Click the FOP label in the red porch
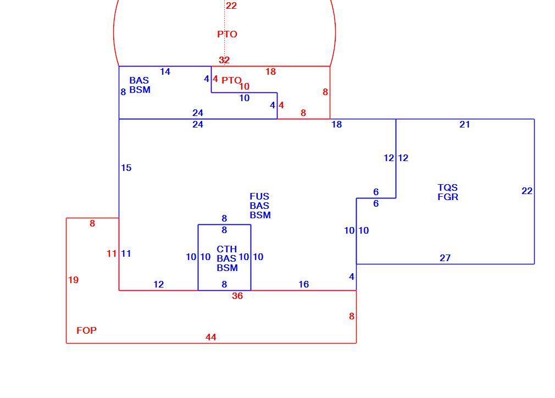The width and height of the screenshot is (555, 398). [x=86, y=330]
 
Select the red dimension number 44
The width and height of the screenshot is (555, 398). [x=211, y=337]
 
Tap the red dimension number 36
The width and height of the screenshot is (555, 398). [x=237, y=296]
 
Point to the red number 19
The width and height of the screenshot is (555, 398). [x=73, y=280]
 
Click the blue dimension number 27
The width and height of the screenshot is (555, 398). [x=445, y=258]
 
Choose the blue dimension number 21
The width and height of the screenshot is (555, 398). [x=465, y=125]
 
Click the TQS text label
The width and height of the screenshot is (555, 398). [x=447, y=187]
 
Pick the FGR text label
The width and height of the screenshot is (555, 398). [x=448, y=197]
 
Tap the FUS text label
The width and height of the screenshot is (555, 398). [x=259, y=196]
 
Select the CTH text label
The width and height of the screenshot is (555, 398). [x=226, y=249]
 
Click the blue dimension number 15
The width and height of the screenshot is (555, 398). [x=126, y=168]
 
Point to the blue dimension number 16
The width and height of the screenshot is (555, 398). [x=304, y=284]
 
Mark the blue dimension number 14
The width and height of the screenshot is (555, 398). [x=165, y=72]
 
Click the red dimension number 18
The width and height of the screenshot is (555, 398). [x=270, y=72]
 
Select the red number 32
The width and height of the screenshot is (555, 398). [x=224, y=60]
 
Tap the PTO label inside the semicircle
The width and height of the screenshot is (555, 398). [x=227, y=34]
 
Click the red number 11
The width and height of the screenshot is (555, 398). [x=112, y=254]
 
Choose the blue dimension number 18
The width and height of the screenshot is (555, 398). [x=337, y=125]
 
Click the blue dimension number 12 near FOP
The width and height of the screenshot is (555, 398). [x=159, y=284]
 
